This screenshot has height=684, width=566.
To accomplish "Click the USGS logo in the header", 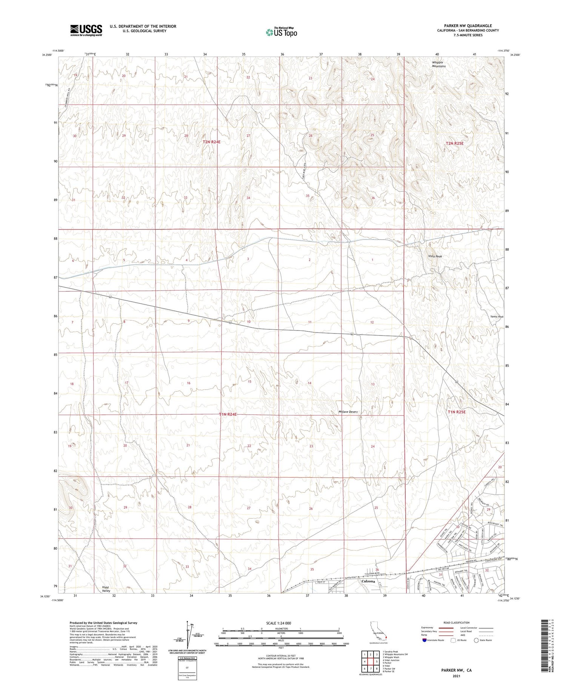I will [86, 30].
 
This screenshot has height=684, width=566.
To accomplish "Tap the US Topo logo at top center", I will [281, 32].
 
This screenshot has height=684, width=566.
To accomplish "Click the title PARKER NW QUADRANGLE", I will [468, 26].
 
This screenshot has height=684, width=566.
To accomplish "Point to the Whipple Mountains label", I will [438, 64].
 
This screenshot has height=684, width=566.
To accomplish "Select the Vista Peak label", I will [435, 256].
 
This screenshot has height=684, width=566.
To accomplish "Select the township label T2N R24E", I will [211, 142].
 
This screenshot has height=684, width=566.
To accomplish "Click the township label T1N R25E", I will [457, 412].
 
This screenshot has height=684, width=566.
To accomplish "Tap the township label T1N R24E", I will [228, 414].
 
